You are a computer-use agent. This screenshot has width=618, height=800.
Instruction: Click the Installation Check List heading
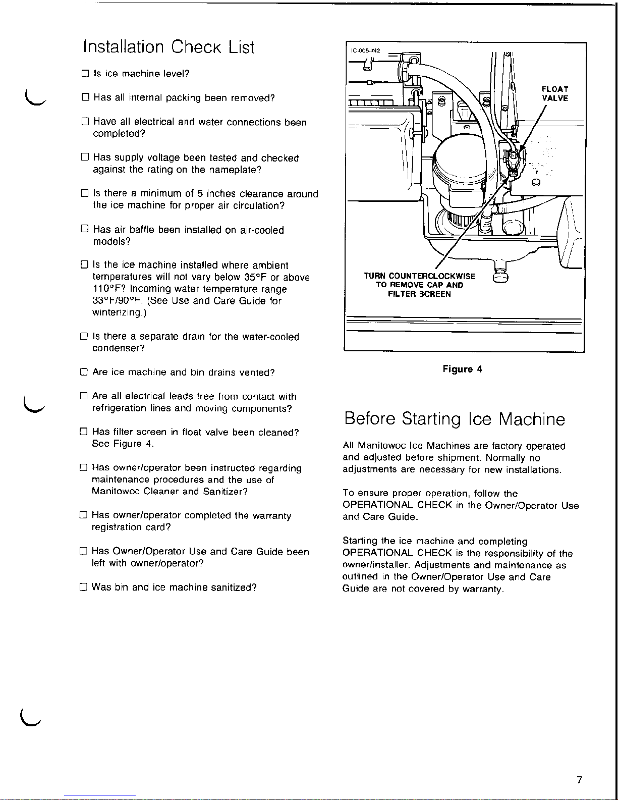168,47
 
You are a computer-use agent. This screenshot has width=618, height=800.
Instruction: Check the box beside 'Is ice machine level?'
85,74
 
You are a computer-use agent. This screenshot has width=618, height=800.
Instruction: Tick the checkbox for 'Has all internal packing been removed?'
85,98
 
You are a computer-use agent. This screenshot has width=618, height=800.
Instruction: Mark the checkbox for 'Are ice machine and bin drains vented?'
84,372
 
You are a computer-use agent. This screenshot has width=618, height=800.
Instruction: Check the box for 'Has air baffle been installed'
85,230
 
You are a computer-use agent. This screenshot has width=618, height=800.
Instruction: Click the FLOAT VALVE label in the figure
555,94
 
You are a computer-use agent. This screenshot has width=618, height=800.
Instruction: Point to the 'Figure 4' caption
462,369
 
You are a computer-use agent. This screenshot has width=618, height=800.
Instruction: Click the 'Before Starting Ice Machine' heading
454,419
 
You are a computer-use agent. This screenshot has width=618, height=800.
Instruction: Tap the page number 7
579,780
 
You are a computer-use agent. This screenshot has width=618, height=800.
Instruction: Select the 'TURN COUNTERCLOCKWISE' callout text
419,276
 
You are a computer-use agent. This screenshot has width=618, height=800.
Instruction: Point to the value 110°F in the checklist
109,289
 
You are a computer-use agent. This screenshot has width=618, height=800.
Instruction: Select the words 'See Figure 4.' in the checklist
123,444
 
